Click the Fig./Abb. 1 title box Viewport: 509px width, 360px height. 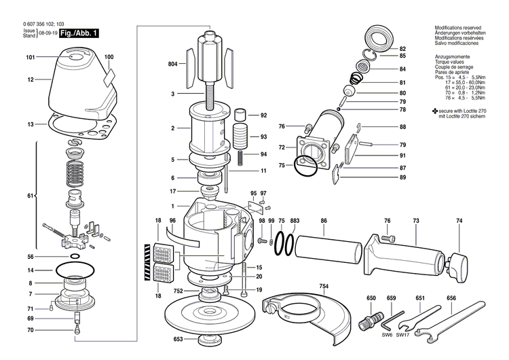click(x=79, y=33)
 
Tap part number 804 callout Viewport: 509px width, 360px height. click(x=172, y=64)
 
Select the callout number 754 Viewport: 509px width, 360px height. click(x=324, y=287)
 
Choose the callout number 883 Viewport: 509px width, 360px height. click(x=295, y=221)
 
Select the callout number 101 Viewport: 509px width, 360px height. click(x=31, y=58)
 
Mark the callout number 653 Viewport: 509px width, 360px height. click(x=178, y=339)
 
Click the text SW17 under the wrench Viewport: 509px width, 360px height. click(x=403, y=335)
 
